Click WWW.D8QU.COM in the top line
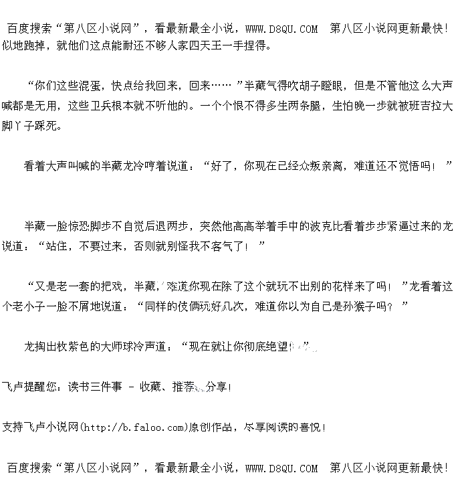pos(281,29)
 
